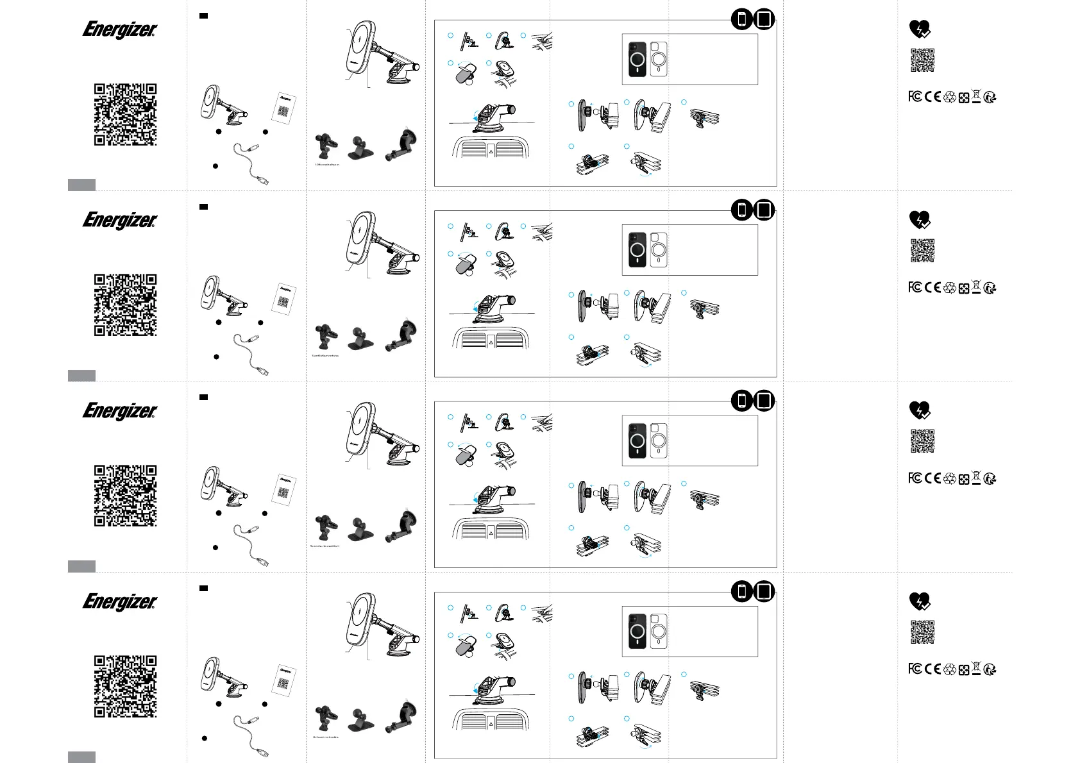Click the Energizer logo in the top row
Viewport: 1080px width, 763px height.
click(120, 29)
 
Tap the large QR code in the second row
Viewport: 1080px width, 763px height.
click(126, 305)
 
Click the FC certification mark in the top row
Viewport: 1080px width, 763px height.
click(915, 97)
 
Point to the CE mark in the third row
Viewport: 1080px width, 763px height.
click(933, 478)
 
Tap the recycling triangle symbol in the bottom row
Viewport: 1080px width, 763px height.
click(950, 669)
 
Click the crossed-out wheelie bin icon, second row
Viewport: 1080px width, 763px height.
click(976, 287)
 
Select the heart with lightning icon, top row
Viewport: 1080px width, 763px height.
click(920, 29)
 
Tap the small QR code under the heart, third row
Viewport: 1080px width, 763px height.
click(922, 441)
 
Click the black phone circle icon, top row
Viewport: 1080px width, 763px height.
click(742, 19)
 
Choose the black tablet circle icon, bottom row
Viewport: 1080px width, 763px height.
click(764, 591)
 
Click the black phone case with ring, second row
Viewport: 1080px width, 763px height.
click(637, 249)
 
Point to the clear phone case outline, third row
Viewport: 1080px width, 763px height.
click(659, 440)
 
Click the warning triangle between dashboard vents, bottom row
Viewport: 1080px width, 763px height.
click(491, 724)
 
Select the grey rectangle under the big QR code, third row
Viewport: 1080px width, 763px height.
click(81, 566)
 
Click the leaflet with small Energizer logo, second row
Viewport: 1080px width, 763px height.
click(284, 298)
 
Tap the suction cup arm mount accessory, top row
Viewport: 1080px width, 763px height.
click(403, 146)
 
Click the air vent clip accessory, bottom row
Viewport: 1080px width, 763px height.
click(326, 718)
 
